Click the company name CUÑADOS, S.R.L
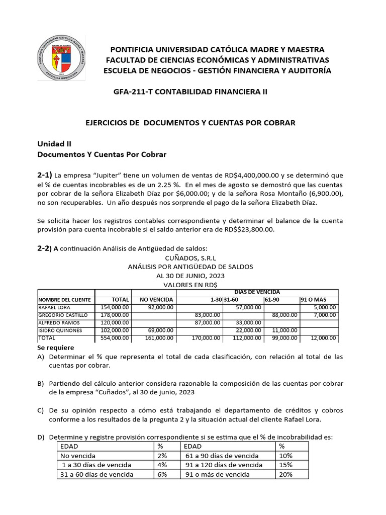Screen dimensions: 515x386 [190, 257]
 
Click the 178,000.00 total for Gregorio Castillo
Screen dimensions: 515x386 [115, 315]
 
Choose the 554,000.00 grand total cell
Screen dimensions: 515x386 [115, 338]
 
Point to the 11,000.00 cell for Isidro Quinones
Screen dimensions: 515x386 [284, 330]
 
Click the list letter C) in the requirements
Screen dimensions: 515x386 [42, 411]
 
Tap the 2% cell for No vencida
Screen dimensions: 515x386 [162, 456]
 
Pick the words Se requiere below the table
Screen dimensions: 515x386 [56, 348]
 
